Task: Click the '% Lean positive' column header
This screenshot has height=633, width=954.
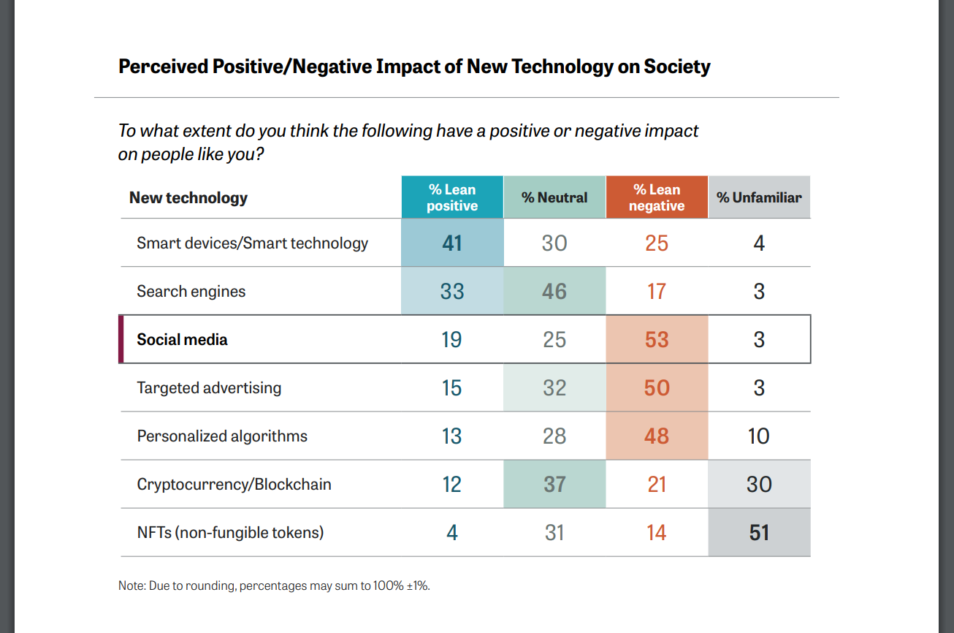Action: coord(452,197)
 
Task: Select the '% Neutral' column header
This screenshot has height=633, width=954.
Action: coord(554,197)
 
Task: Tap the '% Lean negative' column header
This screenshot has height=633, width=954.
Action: coord(657,197)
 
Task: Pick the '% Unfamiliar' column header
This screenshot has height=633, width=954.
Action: coord(759,197)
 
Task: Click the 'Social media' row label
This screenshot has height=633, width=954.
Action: coord(182,339)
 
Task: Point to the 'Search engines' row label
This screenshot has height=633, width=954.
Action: coord(191,291)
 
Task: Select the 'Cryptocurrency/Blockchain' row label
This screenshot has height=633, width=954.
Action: coord(234,484)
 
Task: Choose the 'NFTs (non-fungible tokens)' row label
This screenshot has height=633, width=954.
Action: coord(230,532)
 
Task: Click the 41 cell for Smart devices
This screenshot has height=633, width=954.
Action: coord(452,243)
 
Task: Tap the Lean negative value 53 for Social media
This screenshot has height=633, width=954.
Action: coord(657,339)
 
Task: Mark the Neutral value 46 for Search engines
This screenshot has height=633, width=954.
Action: coord(554,291)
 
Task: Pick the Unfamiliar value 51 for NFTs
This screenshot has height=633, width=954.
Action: coord(759,532)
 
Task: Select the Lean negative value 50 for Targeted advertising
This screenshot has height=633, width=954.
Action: coord(657,387)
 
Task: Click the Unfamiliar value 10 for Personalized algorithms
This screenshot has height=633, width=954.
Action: coord(759,436)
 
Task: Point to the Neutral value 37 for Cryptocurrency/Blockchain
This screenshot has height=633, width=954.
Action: coord(554,484)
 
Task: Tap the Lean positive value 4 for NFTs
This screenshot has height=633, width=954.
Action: coord(452,532)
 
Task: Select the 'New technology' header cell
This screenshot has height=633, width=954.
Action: coord(188,197)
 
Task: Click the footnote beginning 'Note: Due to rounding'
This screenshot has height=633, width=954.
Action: coord(274,585)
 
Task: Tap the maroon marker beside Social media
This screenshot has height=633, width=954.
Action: coord(121,339)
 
